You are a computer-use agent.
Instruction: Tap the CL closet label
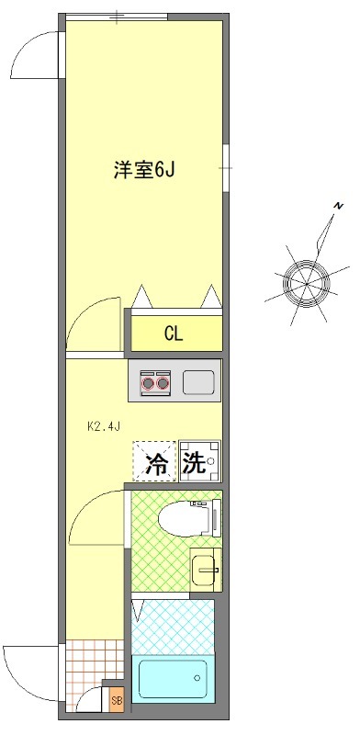(173, 334)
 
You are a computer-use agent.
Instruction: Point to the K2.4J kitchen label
(104, 426)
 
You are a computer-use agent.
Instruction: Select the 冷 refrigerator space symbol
(157, 462)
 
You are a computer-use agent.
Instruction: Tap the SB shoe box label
(116, 700)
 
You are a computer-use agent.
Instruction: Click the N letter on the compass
(338, 204)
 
